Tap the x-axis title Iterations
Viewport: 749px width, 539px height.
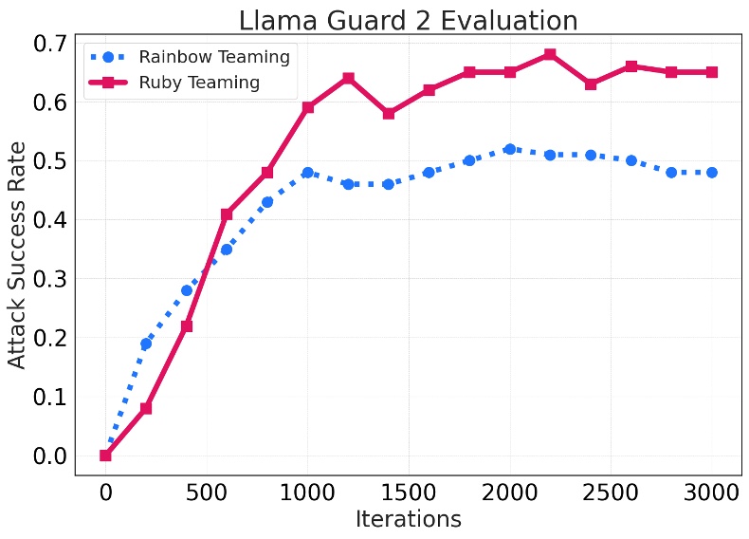point(408,519)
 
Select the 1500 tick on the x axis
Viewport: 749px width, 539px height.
point(409,492)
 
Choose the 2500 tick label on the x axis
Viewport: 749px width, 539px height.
point(611,492)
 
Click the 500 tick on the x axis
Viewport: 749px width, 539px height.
point(207,492)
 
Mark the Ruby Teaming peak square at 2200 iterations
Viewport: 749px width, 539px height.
point(550,55)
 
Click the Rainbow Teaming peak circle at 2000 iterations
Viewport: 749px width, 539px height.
point(510,149)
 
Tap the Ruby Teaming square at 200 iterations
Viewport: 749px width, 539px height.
point(146,408)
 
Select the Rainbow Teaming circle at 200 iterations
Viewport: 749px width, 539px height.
point(146,344)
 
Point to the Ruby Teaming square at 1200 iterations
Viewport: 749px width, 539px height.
point(348,78)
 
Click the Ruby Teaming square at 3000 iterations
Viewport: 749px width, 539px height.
point(712,72)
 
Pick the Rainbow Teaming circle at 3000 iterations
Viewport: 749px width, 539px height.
point(712,173)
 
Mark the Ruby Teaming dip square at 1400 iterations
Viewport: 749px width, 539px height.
point(389,114)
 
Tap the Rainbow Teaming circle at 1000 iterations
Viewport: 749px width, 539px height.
point(307,173)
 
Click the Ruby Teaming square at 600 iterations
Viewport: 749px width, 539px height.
point(227,214)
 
